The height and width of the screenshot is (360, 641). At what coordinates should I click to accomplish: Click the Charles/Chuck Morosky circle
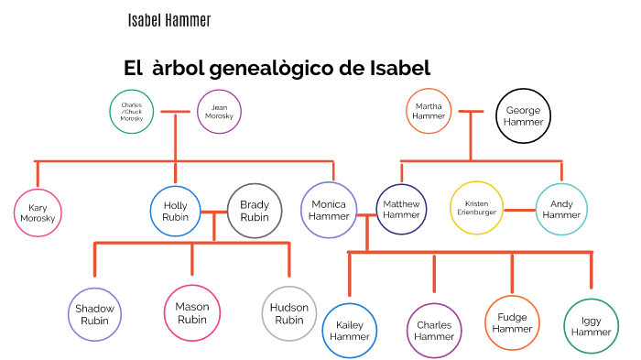(x=132, y=112)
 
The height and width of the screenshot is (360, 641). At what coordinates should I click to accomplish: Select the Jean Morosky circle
(x=220, y=112)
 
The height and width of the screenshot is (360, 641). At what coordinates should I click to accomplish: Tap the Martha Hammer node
(x=429, y=112)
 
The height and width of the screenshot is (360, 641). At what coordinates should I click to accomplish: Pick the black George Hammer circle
(x=523, y=116)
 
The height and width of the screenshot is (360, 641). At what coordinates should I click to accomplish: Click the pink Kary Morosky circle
(x=38, y=213)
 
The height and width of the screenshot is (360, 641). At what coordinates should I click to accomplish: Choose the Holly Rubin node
(x=175, y=212)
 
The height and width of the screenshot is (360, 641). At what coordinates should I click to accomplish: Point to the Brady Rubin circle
(x=255, y=212)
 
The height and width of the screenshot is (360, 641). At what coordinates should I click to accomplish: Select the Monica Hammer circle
(x=329, y=210)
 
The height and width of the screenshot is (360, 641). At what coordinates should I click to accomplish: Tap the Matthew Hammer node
(x=401, y=210)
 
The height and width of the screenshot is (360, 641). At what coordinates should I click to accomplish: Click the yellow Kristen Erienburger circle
(x=477, y=208)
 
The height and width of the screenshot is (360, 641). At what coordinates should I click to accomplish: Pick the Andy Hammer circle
(x=561, y=209)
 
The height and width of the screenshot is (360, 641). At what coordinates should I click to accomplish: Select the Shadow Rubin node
(x=95, y=314)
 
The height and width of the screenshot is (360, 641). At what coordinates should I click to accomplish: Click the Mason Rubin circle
(x=192, y=313)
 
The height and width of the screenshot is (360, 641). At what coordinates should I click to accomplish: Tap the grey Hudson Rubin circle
(x=289, y=314)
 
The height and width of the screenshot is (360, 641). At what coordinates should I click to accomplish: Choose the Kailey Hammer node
(x=350, y=331)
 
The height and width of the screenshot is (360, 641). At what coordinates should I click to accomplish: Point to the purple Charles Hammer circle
(x=434, y=331)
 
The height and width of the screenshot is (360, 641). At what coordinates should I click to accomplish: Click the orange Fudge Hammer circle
(x=513, y=322)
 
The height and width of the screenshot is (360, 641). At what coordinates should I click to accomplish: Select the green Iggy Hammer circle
(x=592, y=326)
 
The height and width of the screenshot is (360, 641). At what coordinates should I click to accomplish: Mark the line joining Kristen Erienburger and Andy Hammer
(x=519, y=210)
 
